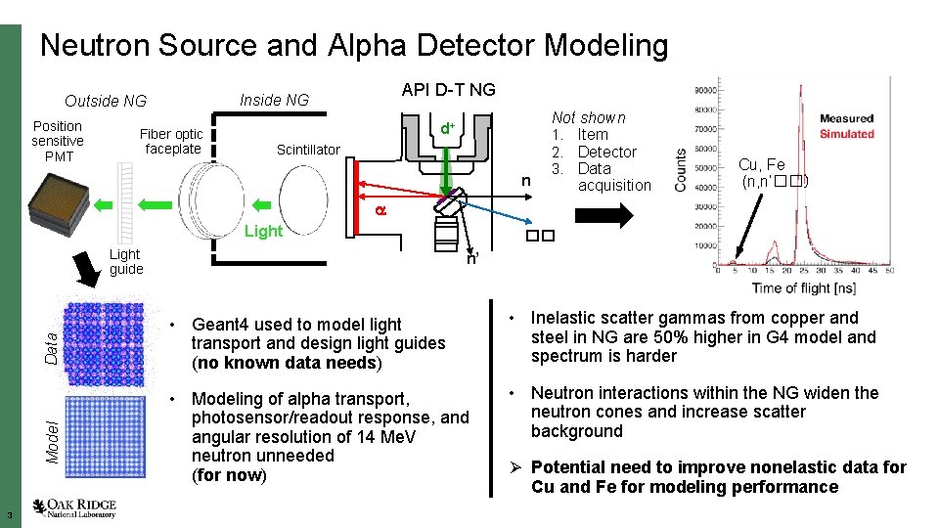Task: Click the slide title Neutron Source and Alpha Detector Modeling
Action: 354,45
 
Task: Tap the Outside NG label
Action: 105,101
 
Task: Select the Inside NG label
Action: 274,100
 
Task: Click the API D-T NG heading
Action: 448,90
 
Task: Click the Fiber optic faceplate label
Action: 171,142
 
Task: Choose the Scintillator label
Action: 308,150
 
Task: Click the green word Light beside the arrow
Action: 262,232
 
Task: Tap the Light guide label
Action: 126,261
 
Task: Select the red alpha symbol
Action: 382,210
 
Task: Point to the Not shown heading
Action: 588,116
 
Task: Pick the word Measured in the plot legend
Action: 846,119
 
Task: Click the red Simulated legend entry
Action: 846,134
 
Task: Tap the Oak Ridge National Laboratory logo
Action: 74,507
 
